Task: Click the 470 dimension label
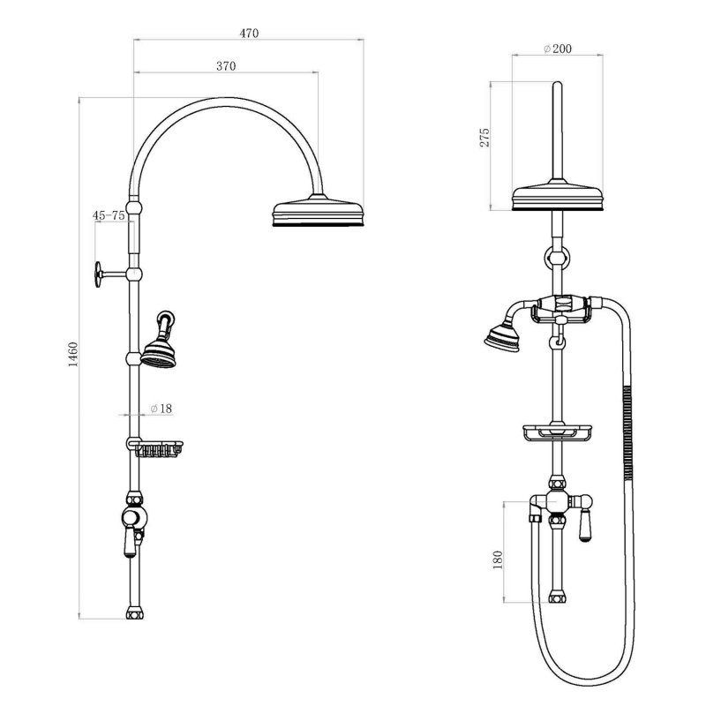point(249,34)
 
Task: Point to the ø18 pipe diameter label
point(161,409)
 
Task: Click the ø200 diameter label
point(558,49)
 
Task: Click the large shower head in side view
point(319,213)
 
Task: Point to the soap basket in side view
point(160,450)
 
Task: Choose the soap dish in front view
point(558,432)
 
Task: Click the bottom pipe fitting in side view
point(134,612)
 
